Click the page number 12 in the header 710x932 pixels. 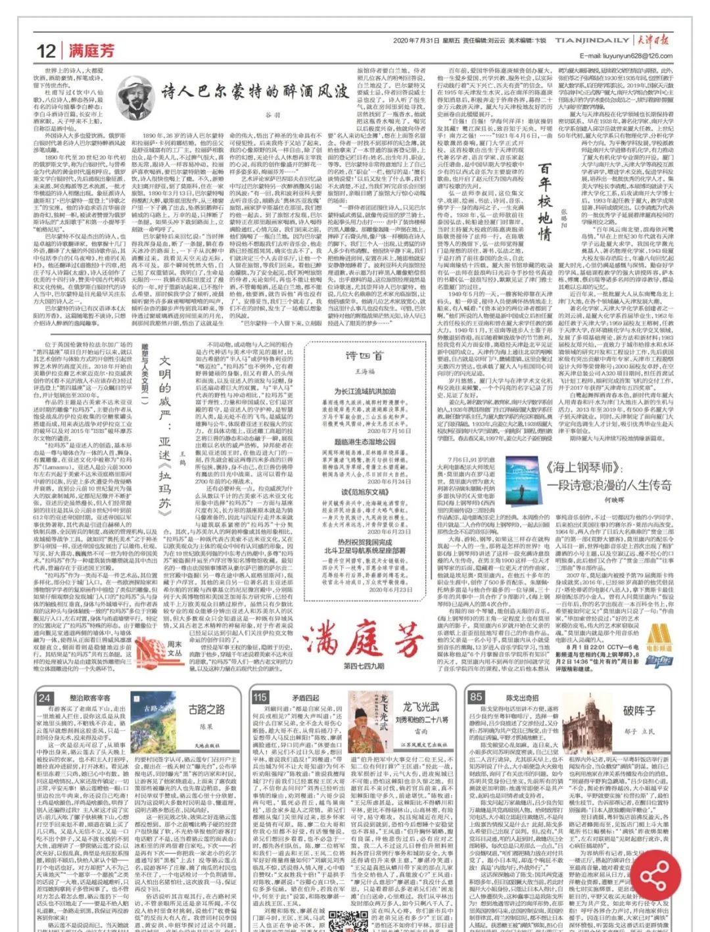46,51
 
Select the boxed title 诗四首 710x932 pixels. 364,356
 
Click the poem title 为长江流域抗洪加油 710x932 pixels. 365,392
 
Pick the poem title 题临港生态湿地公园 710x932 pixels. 365,442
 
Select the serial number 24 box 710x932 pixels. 44,698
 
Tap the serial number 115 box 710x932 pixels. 260,697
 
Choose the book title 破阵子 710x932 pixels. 639,711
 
